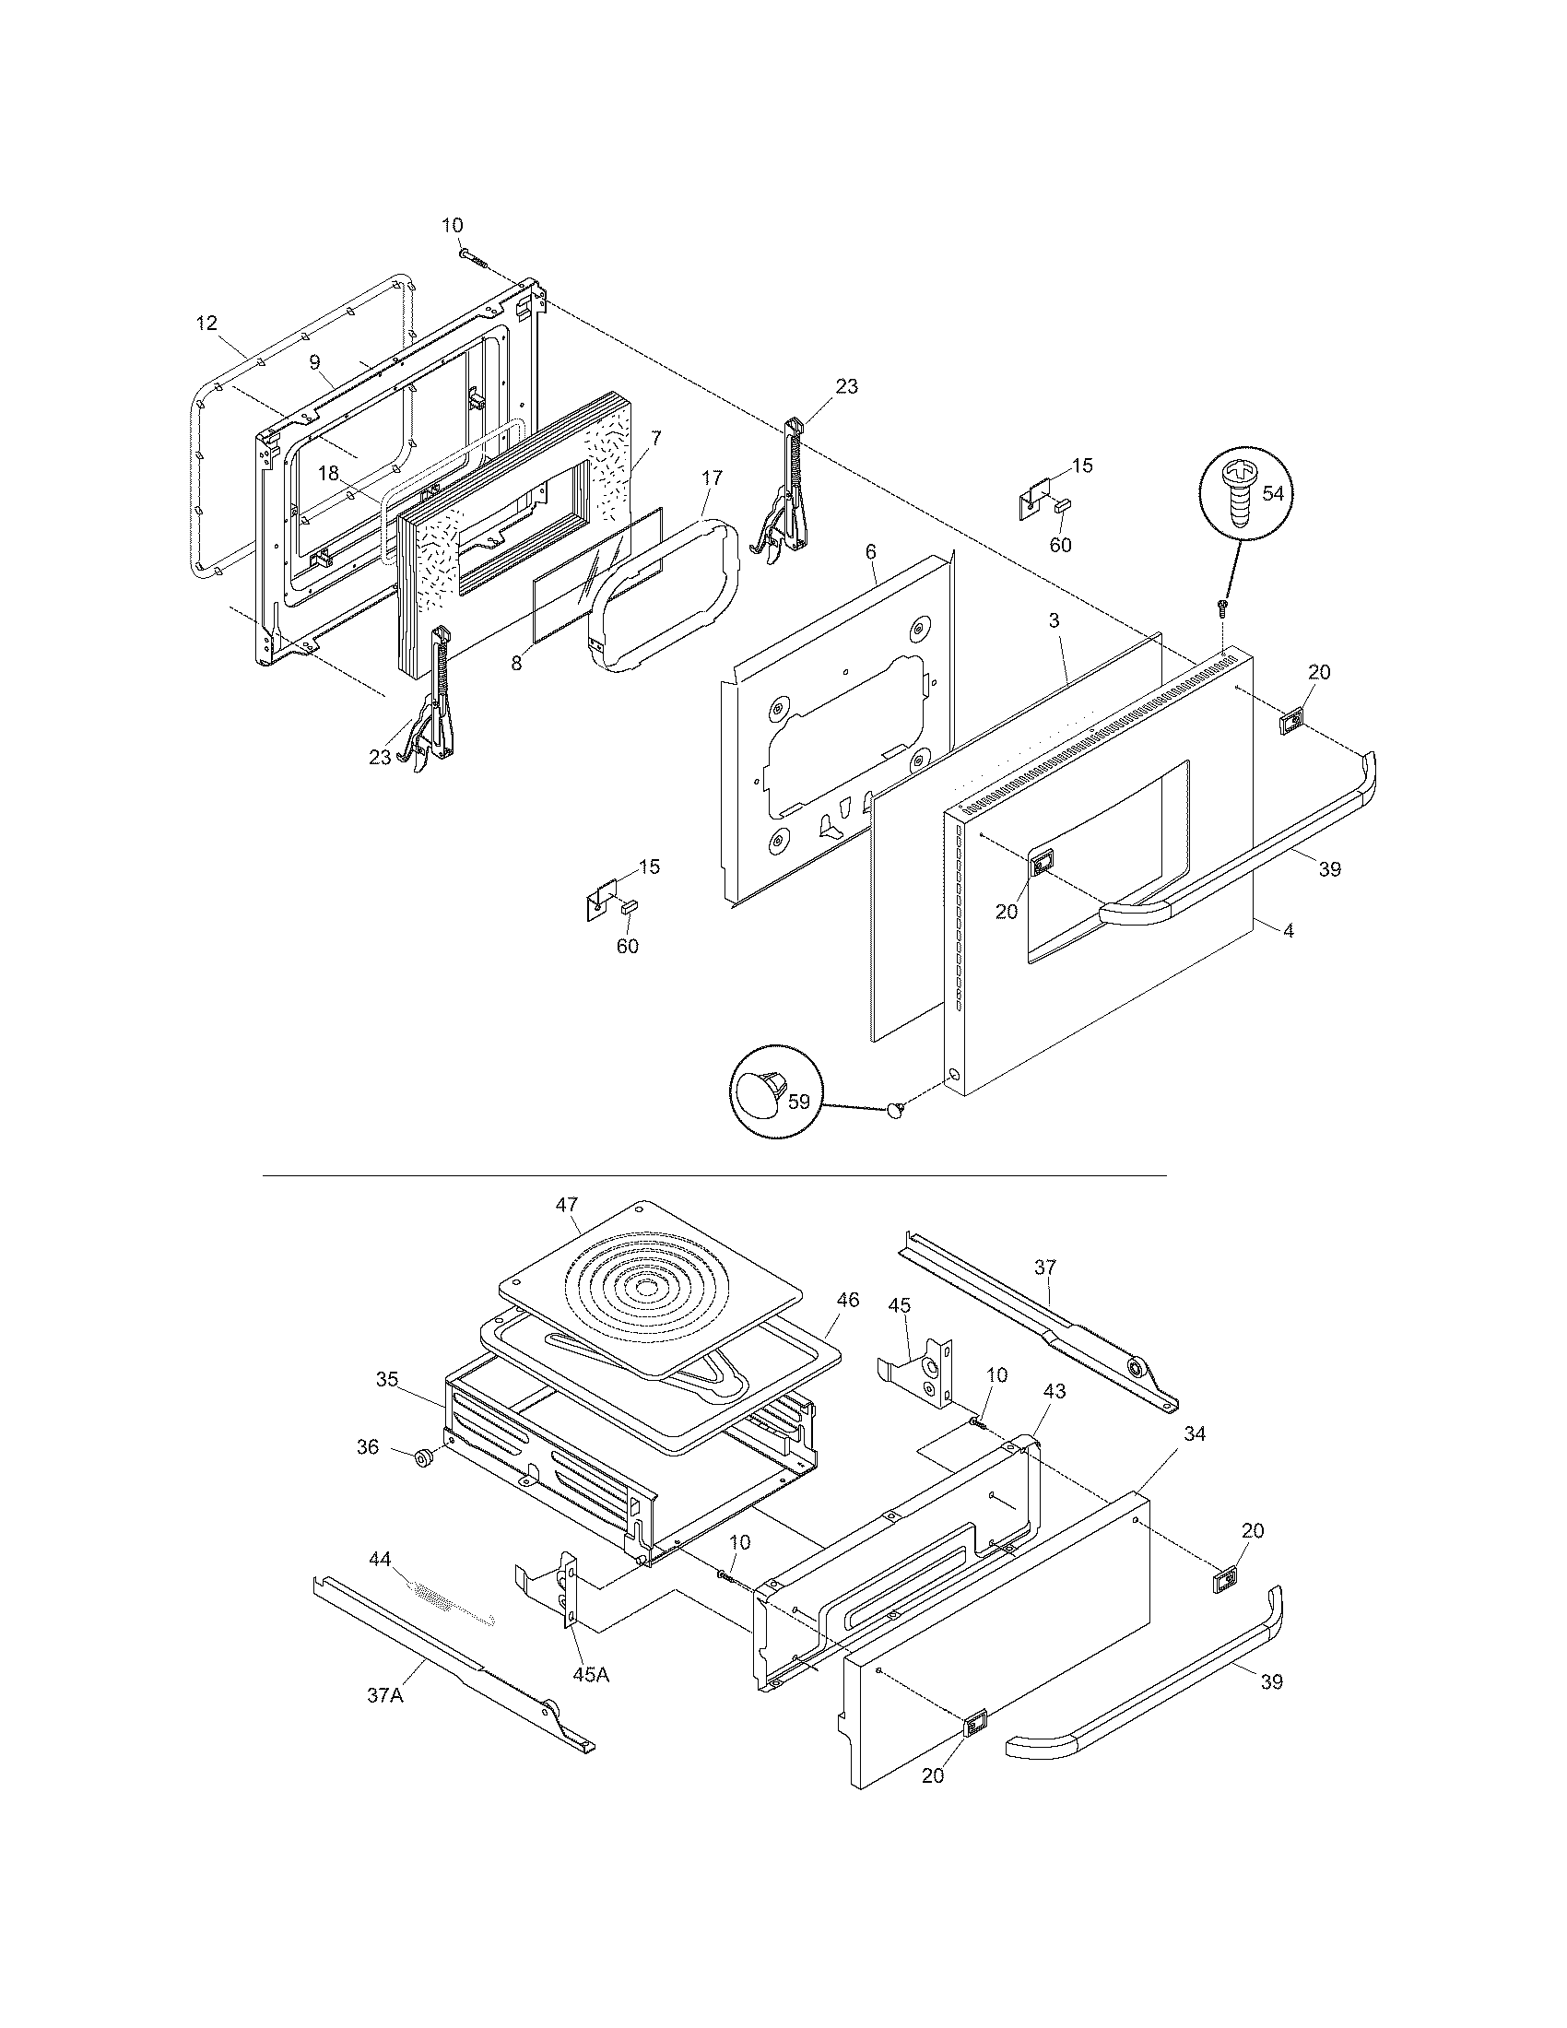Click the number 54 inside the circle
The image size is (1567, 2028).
point(1273,493)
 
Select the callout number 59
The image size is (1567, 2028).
point(798,1102)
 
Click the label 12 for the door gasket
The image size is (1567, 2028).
point(206,324)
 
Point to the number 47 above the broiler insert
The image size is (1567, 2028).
point(567,1205)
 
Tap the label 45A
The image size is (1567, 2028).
point(591,1674)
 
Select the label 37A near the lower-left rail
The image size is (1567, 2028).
point(384,1694)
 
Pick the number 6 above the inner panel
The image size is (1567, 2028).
point(871,551)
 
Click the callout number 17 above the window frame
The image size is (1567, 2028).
point(711,478)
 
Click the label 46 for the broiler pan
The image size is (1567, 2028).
point(846,1300)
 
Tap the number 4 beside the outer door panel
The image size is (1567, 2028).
point(1288,929)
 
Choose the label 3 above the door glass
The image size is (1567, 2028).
point(1054,620)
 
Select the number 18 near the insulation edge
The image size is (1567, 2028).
point(329,473)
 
